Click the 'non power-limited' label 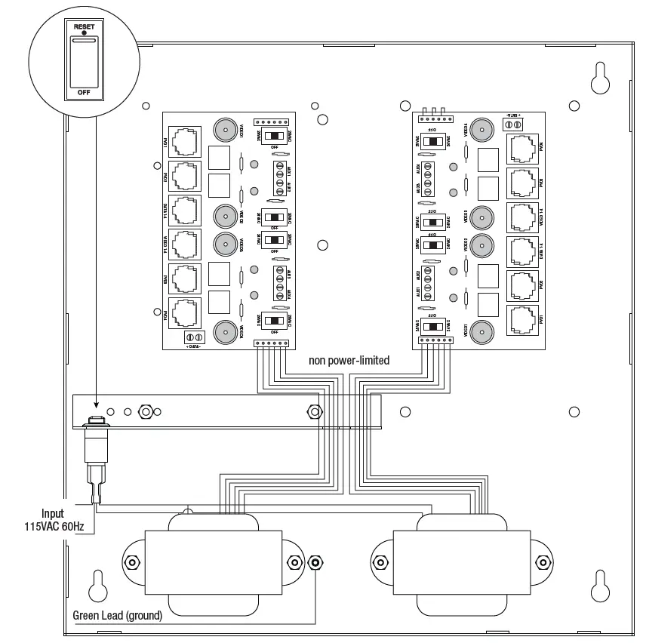[349, 361]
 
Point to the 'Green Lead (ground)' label [117, 615]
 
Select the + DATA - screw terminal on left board [193, 337]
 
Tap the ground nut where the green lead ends [315, 563]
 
